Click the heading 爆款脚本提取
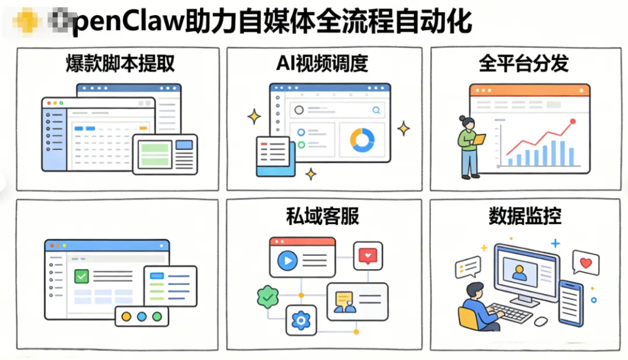[120, 63]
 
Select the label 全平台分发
[523, 63]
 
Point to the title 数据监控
[524, 216]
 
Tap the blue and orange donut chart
[362, 140]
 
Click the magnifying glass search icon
[376, 109]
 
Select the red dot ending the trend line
[573, 122]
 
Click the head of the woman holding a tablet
[464, 122]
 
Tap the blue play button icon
[286, 261]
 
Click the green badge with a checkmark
[267, 297]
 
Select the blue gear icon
[301, 319]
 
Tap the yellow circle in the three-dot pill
[126, 316]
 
